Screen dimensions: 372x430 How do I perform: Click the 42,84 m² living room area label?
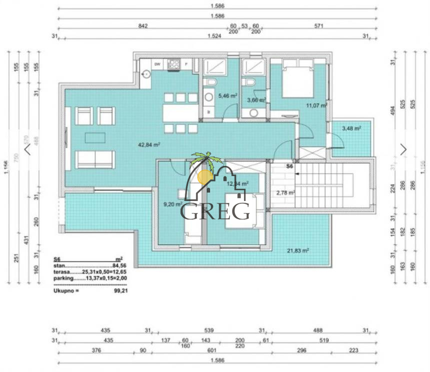tap(149, 145)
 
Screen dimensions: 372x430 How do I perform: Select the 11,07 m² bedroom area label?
tap(316, 105)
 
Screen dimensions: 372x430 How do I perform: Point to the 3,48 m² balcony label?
tap(351, 128)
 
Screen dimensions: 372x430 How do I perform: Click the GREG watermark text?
tap(215, 211)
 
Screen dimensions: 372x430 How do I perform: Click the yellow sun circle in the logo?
tap(204, 176)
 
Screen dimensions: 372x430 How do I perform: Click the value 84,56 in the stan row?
tap(120, 266)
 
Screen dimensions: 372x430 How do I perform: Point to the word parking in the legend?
tap(63, 278)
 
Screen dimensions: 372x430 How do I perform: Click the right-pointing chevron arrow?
tap(403, 149)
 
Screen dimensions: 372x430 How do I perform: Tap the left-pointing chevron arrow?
tap(27, 149)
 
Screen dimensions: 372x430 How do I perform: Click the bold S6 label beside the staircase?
tap(289, 165)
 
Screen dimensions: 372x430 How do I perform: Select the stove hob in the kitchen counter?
tap(173, 64)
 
